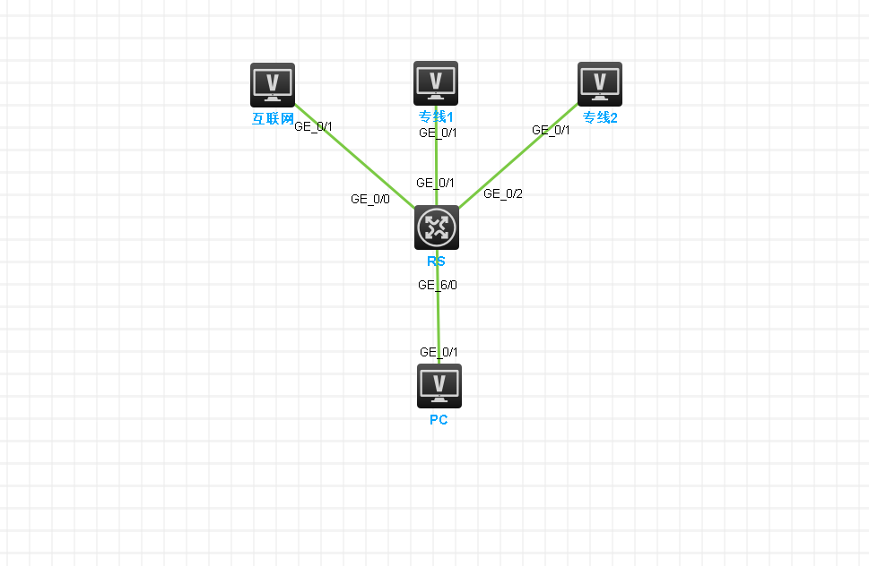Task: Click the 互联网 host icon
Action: (272, 85)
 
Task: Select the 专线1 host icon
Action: (436, 83)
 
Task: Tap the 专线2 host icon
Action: (600, 84)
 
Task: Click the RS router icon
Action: (437, 227)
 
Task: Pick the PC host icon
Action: (439, 386)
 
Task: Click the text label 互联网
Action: (273, 118)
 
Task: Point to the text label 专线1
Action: (436, 116)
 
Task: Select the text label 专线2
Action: (600, 118)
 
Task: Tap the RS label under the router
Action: (436, 262)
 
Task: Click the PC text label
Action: (439, 420)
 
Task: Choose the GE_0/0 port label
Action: (370, 199)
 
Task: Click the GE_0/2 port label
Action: (503, 193)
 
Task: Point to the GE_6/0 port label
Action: (438, 285)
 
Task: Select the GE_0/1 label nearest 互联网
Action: (313, 126)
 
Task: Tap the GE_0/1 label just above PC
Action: (439, 353)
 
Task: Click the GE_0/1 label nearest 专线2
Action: (551, 130)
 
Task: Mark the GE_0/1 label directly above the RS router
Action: (435, 183)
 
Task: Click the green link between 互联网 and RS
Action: (355, 156)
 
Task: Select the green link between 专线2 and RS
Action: (518, 156)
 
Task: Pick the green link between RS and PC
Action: (438, 307)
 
